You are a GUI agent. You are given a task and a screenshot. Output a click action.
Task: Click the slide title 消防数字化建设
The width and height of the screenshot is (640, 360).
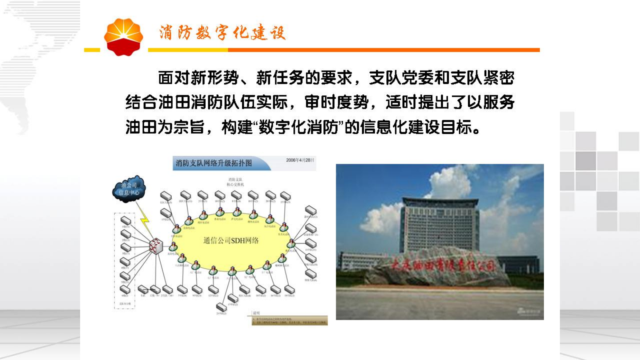pyautogui.click(x=222, y=33)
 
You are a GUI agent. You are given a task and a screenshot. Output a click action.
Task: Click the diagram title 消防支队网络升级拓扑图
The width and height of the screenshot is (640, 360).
pyautogui.click(x=214, y=163)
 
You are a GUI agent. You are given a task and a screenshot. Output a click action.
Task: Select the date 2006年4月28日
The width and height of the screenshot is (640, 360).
pyautogui.click(x=300, y=160)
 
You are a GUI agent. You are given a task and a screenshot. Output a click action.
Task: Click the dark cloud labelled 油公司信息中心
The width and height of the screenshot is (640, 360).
pyautogui.click(x=128, y=188)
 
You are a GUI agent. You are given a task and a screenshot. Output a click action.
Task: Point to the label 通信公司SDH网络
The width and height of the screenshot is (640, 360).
pyautogui.click(x=231, y=240)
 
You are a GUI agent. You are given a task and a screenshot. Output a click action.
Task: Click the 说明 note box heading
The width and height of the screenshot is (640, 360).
pyautogui.click(x=256, y=313)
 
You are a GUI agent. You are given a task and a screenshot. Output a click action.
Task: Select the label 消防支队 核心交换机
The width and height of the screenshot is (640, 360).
pyautogui.click(x=236, y=182)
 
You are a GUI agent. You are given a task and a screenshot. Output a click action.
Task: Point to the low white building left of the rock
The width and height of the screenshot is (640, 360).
pyautogui.click(x=360, y=261)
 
